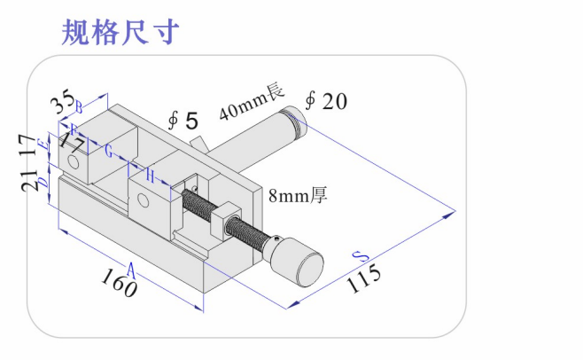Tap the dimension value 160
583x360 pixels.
(118, 285)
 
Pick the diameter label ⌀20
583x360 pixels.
(325, 101)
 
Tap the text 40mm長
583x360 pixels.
(251, 99)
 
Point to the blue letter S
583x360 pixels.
(359, 255)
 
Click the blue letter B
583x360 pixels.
(79, 108)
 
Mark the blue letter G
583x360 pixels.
(108, 152)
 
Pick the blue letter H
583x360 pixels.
(151, 177)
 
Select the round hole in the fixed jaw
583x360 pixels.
(75, 163)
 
